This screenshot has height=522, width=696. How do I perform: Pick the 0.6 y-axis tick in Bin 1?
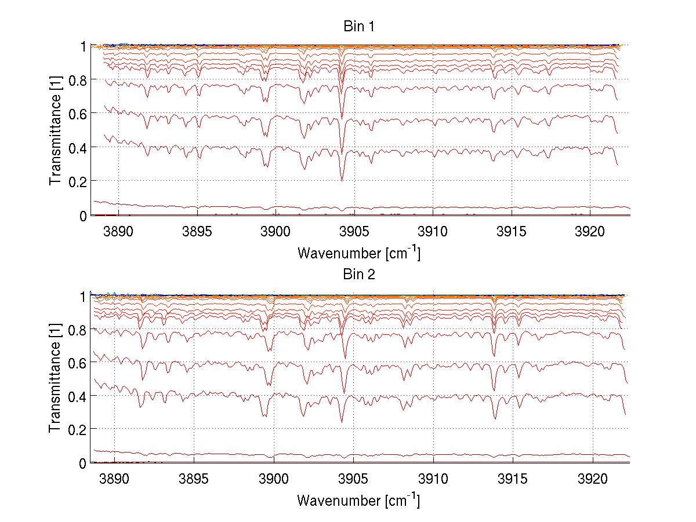(80, 114)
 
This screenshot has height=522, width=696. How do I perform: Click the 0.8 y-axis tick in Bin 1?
(80, 79)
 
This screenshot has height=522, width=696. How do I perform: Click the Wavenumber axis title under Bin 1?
(358, 253)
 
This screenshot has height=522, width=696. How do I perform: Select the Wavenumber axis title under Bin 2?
(358, 500)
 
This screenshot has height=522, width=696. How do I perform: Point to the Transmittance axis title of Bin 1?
(56, 130)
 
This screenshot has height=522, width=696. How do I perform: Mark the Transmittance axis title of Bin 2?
(56, 379)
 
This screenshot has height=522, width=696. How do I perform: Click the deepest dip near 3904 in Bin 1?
(342, 180)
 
